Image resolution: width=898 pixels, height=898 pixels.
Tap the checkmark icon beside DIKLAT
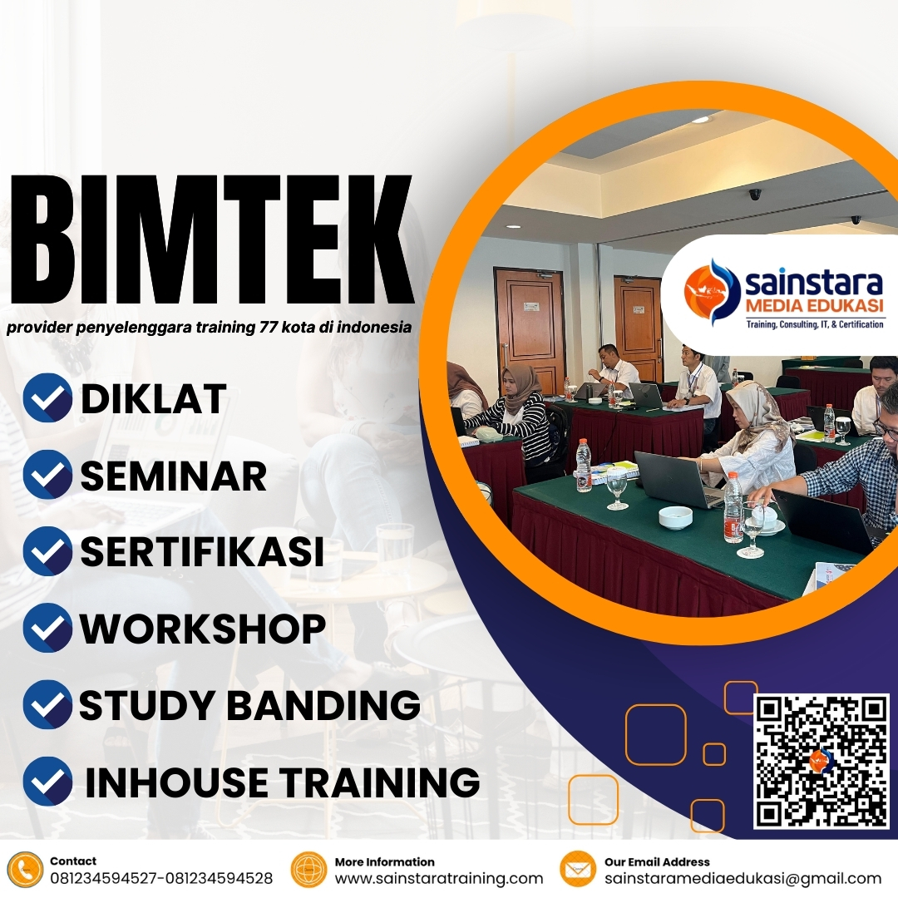click(47, 397)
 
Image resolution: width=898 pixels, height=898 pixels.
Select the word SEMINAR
click(173, 476)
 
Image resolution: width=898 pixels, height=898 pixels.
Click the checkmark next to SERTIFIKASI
click(47, 551)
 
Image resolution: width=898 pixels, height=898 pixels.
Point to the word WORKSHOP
click(202, 629)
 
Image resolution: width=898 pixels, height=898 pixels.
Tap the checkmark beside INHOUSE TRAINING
click(47, 782)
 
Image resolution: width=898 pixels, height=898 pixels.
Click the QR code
click(821, 761)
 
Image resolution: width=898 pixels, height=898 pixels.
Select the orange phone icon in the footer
click(26, 870)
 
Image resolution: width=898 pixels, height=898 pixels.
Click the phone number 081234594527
click(106, 878)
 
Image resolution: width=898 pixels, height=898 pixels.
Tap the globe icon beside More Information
click(308, 870)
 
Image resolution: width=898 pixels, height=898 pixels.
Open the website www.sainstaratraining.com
click(438, 878)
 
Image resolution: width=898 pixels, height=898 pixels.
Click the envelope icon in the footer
click(578, 870)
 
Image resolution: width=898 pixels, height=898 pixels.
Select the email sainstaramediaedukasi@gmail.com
click(743, 878)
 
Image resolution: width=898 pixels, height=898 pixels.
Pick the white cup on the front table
click(675, 517)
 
